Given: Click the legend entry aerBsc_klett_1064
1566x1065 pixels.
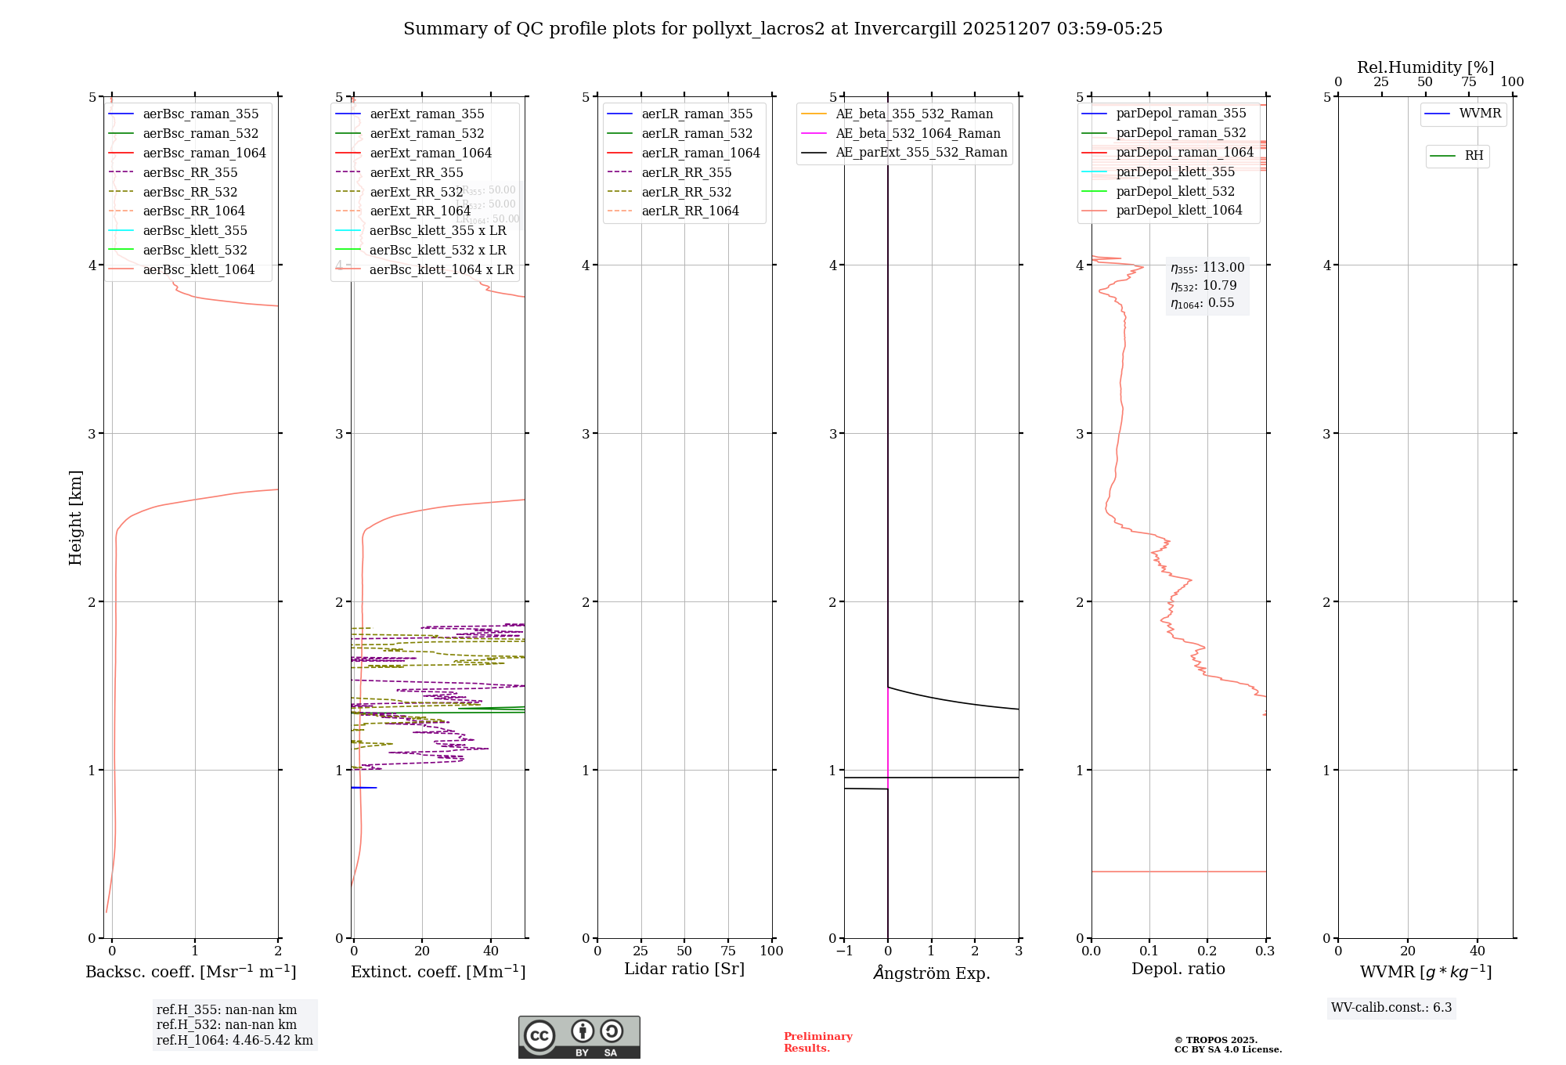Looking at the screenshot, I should (x=199, y=269).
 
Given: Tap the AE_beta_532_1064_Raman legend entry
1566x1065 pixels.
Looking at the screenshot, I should (x=918, y=133).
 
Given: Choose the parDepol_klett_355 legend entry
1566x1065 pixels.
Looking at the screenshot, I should (x=1174, y=171).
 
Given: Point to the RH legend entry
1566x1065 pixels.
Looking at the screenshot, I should (x=1474, y=156).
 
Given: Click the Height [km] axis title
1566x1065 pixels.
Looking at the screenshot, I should (x=75, y=517).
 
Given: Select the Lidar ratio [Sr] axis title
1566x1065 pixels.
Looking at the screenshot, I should (x=684, y=969).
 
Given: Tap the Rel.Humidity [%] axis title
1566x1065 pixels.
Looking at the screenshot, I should (x=1425, y=67).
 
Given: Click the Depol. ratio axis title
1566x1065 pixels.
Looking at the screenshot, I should (x=1178, y=969).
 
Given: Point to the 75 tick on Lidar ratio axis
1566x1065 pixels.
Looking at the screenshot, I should (x=728, y=951).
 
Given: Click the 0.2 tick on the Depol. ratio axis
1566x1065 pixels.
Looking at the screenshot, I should (x=1207, y=951).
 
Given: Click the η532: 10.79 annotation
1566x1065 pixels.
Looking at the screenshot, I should (x=1203, y=286).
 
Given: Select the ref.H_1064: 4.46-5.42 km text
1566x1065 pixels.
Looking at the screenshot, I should (x=234, y=1040).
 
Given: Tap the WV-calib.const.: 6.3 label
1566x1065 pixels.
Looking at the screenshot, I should (x=1391, y=1007).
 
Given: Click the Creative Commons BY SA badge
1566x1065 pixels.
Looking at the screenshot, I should (x=579, y=1037).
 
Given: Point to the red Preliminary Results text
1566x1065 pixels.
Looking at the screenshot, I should (x=817, y=1042).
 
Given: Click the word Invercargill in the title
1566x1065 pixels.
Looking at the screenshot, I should (x=905, y=29).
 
